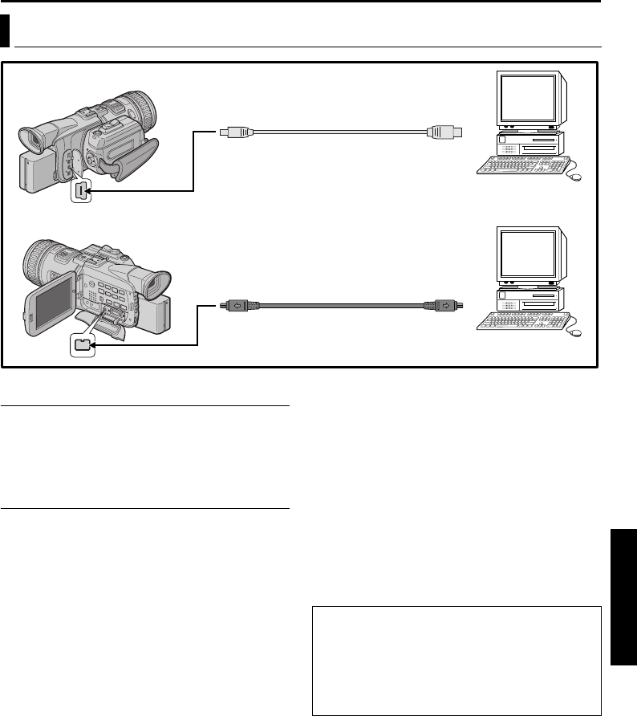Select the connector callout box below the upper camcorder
(80, 191)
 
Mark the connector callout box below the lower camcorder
(81, 346)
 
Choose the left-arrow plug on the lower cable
(237, 305)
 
